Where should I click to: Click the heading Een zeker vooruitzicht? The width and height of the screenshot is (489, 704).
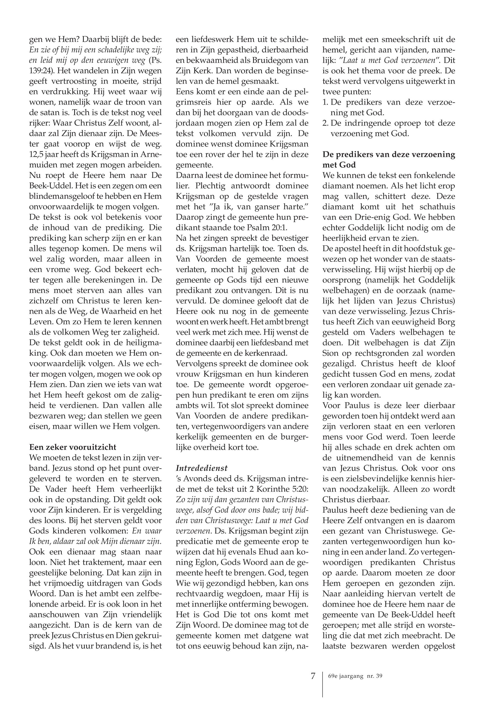click(73, 447)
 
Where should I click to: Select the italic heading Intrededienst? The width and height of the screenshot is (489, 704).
click(202, 468)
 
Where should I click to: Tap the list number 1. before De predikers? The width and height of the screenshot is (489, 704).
click(326, 102)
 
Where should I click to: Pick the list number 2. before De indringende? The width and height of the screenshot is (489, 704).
click(326, 123)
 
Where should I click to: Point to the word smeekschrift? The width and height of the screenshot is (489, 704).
click(398, 40)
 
